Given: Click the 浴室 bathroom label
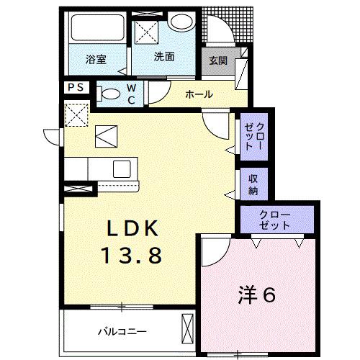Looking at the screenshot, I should (96, 60).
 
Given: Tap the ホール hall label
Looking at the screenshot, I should (199, 94).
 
